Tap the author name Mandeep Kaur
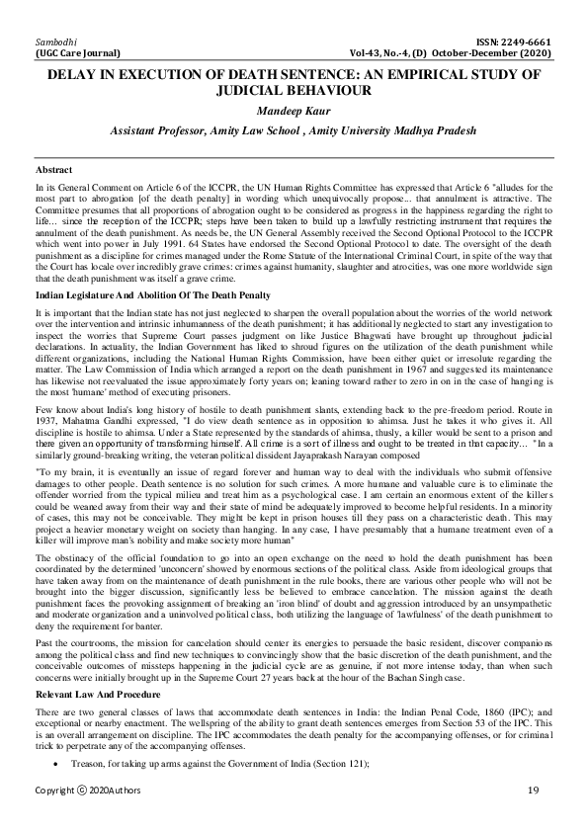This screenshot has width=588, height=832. (294, 110)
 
